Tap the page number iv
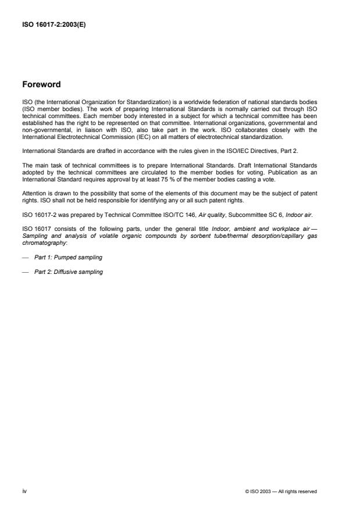24,491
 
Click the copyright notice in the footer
281,491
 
